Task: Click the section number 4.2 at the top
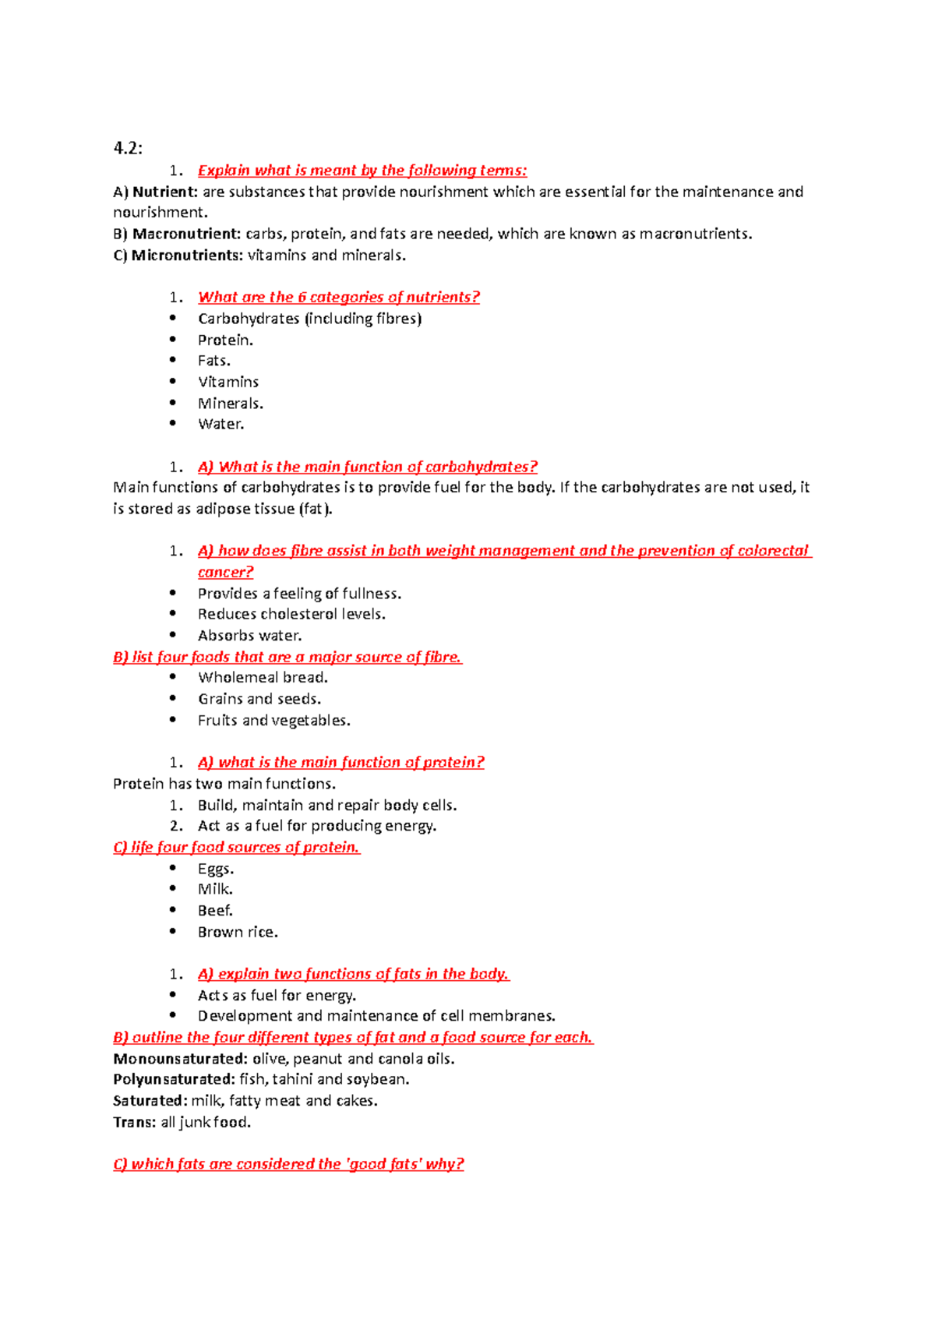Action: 128,148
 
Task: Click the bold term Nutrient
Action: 164,192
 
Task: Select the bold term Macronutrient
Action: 187,234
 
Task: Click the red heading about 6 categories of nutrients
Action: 339,297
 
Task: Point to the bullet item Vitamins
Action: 228,382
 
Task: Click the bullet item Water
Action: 221,424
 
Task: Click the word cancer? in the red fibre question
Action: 226,572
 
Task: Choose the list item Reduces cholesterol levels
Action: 291,614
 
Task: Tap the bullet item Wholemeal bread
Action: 263,677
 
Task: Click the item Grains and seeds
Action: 259,699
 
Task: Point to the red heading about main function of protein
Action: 340,762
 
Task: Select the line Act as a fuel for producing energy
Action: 317,826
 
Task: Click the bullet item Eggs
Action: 216,869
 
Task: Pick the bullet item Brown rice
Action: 238,932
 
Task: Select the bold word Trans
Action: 134,1122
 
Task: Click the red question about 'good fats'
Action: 288,1164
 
